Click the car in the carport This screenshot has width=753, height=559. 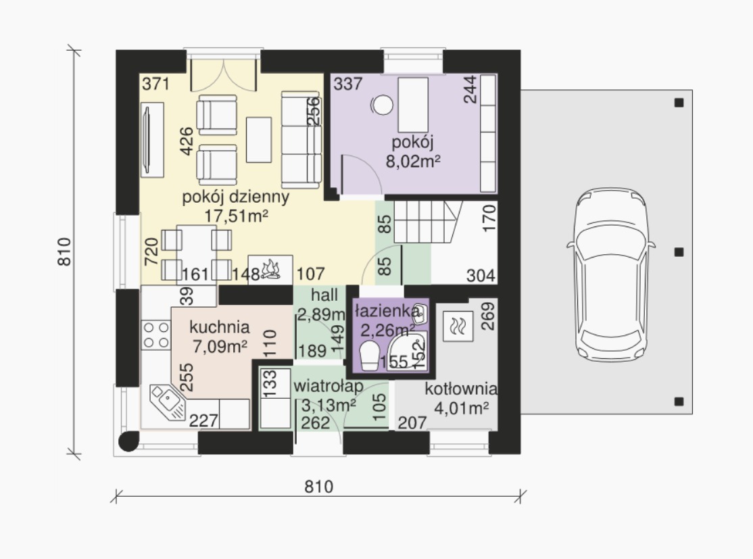coord(610,274)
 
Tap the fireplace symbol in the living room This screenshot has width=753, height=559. coord(270,270)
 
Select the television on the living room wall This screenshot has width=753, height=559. coord(153,140)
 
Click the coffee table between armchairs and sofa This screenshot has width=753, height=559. coord(259,140)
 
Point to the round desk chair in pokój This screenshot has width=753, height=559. coord(383,105)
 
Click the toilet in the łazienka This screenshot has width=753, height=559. coord(370,356)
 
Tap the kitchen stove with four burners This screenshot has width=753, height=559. coord(156,335)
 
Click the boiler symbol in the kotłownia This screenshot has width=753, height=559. coord(457,326)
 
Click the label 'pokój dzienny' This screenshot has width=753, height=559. coord(235,197)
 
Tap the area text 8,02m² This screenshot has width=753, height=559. coord(413,161)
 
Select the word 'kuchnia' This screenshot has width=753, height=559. coord(220,327)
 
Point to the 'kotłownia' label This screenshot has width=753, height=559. coord(460,389)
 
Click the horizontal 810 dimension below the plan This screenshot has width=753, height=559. coord(318,487)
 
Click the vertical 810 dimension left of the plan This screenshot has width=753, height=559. coord(64,251)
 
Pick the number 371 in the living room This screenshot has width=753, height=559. coord(155,84)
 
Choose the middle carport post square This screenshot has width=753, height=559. coord(679,252)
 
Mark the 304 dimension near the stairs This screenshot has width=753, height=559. coord(481,276)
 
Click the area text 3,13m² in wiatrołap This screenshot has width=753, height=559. coord(329,405)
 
